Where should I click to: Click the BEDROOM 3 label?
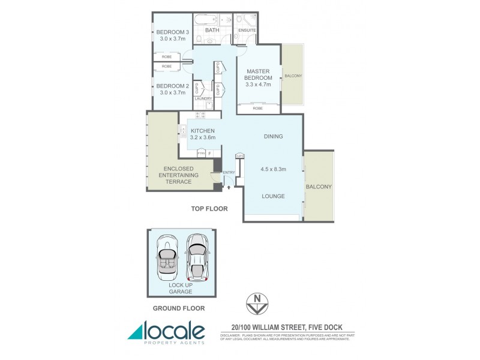(x=173, y=32)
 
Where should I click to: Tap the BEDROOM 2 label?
(x=173, y=86)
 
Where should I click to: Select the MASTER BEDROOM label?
(x=259, y=74)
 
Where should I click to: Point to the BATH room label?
(x=212, y=30)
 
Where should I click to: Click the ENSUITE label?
(x=247, y=30)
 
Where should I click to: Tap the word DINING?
(x=273, y=137)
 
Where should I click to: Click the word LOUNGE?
(x=272, y=196)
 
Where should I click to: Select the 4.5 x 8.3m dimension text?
(x=273, y=169)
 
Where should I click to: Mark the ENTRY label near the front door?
(x=229, y=173)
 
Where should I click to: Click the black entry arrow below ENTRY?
(x=229, y=187)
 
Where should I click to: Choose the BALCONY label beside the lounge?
(x=319, y=187)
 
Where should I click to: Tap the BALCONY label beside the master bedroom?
(x=293, y=76)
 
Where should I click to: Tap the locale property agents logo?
(x=166, y=332)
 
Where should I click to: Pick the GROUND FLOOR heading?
(x=179, y=308)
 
